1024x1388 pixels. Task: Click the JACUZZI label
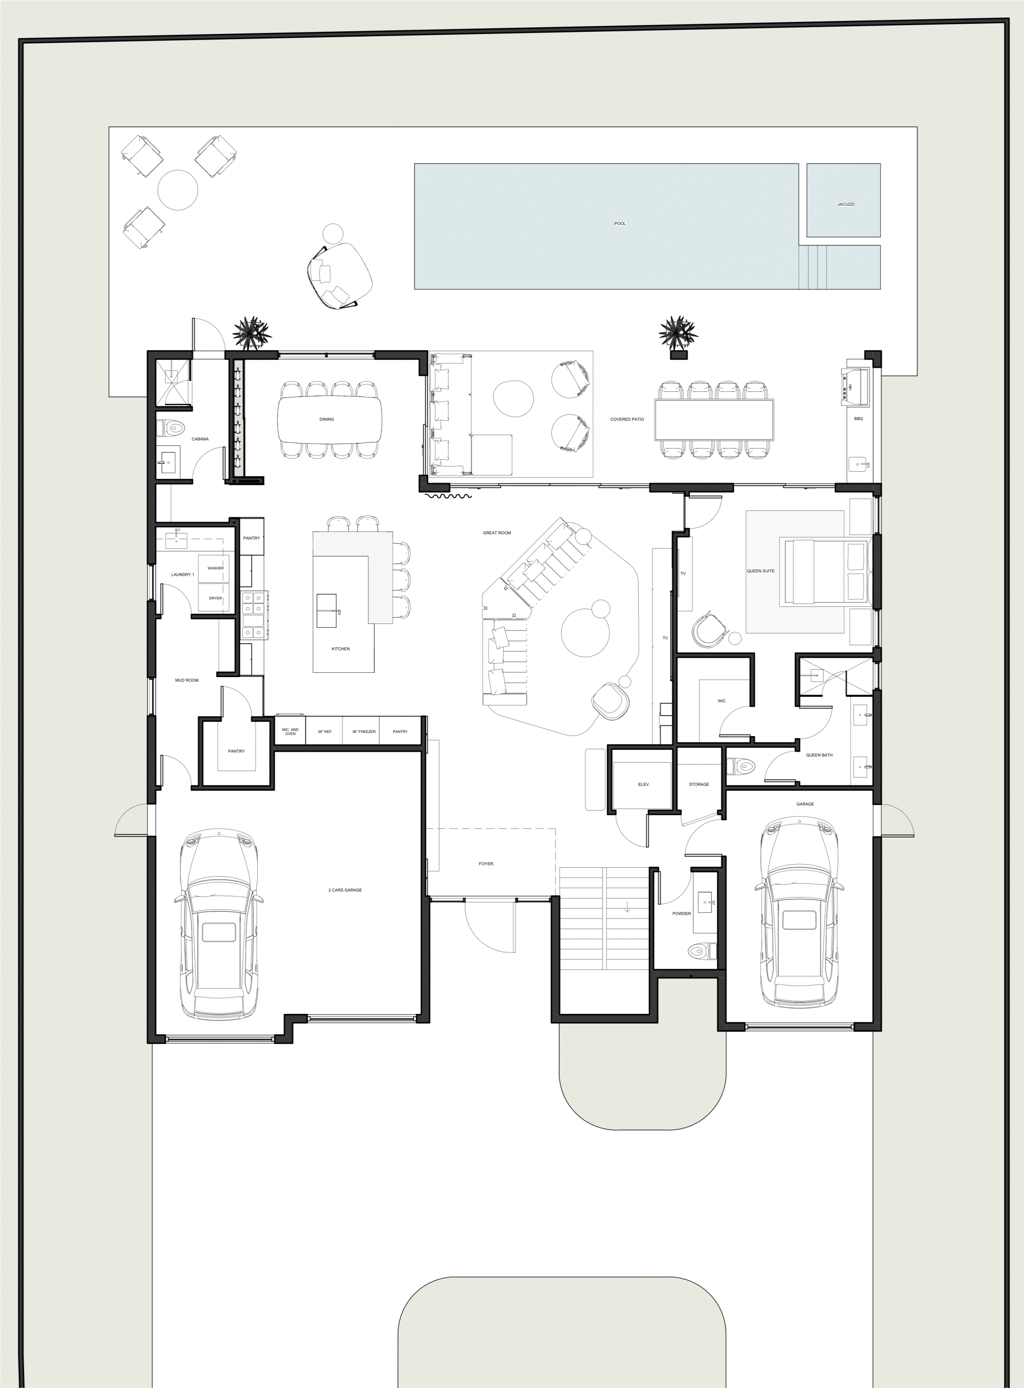[845, 204]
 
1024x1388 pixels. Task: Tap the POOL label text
[620, 224]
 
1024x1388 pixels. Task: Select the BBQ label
[858, 419]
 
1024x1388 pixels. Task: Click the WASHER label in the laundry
[216, 568]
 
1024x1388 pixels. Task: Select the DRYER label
[215, 598]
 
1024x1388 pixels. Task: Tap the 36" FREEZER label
[364, 732]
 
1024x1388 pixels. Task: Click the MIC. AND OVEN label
[290, 732]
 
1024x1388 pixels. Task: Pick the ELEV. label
[643, 785]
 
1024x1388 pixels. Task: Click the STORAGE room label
[699, 785]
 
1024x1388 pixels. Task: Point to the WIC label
[721, 701]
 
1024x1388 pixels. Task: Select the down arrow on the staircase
[627, 907]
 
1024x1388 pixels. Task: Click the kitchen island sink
[327, 610]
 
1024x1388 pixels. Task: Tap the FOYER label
[486, 864]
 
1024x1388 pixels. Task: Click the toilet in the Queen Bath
[742, 766]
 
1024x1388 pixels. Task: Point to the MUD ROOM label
[187, 680]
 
